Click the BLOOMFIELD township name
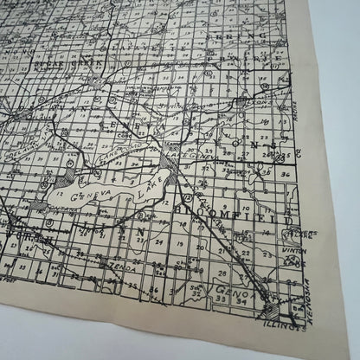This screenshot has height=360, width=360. [x=246, y=209]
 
